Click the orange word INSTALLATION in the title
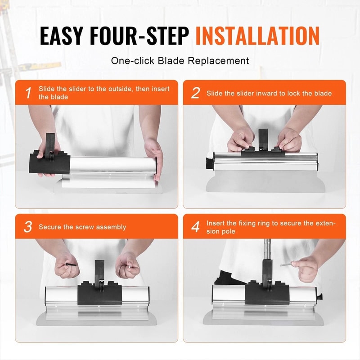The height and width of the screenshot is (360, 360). coord(257,36)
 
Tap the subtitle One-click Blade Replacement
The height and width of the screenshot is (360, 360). coord(180,60)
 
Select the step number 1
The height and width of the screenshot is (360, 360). coord(28,93)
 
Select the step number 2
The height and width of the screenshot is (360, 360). coord(195,93)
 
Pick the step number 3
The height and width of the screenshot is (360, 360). coord(28,227)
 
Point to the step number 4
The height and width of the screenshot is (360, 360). coord(195,227)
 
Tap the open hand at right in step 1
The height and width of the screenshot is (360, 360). coord(154,157)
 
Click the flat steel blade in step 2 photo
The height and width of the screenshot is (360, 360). coord(265,180)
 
